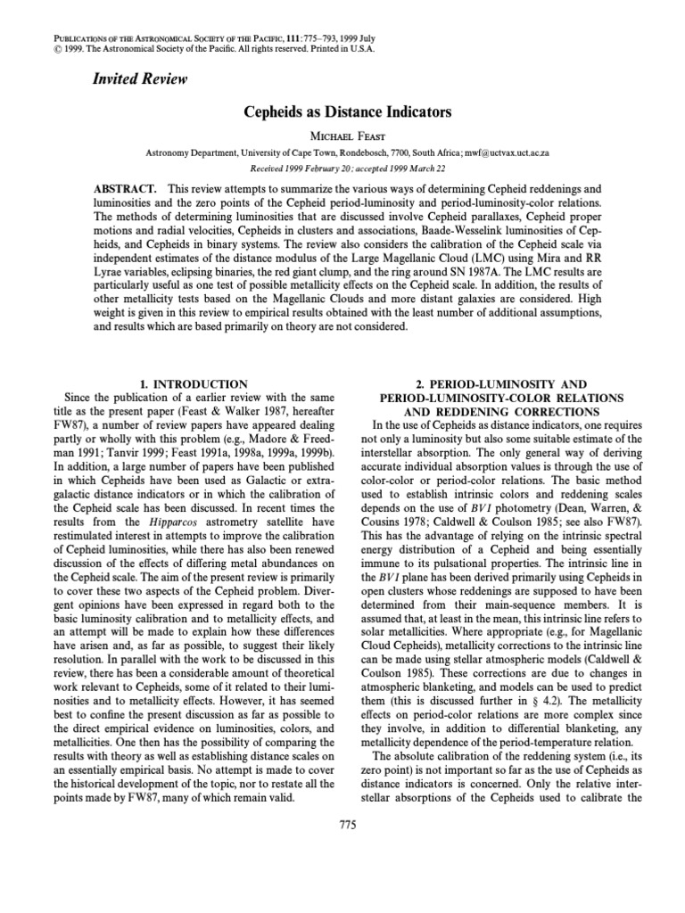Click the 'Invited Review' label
[140, 79]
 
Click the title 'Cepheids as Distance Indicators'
[343, 112]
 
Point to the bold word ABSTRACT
[125, 191]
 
